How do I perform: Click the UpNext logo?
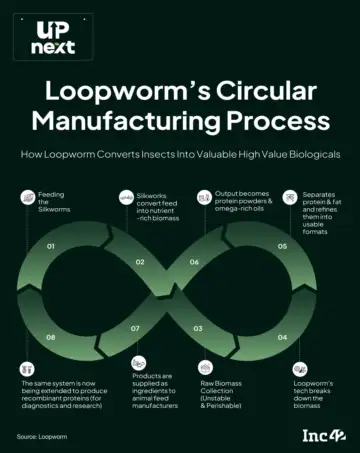coord(53,37)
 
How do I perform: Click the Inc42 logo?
coord(324,436)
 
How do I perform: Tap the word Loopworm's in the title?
coord(128,91)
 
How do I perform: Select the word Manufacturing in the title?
coord(126,121)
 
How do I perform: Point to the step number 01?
coord(51,246)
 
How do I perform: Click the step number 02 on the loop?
coord(140,262)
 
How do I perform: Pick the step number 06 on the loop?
coord(194,262)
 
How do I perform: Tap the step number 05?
coord(282,246)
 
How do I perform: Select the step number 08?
coord(51,337)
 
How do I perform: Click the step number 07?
coord(135,329)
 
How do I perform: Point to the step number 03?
coord(198,329)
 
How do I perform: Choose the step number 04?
coord(282,337)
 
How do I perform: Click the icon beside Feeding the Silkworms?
coord(28,198)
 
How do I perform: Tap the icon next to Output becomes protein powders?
coord(204,198)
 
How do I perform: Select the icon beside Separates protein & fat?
coord(290,198)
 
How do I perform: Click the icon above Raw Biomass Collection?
coord(205,368)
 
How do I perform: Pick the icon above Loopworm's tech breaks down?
coord(300,369)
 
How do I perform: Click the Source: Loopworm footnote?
coord(42,436)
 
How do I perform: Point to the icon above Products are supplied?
coord(138,363)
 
